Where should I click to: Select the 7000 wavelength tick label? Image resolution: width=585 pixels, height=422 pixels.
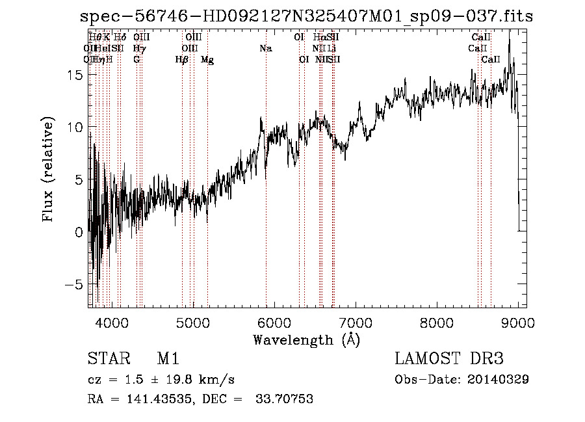tap(356, 322)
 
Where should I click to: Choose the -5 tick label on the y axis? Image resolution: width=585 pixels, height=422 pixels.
tap(73, 285)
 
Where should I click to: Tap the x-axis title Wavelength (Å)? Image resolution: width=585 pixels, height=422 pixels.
tap(306, 339)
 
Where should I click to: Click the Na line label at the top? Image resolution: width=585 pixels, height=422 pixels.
tap(265, 49)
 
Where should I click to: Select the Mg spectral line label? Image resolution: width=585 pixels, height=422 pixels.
tap(207, 60)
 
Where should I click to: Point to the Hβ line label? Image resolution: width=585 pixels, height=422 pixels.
tap(182, 60)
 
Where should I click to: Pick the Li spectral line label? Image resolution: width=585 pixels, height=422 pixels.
tap(331, 49)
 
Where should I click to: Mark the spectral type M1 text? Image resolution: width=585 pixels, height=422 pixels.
tap(168, 360)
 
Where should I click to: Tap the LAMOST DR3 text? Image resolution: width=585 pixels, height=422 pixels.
tap(449, 360)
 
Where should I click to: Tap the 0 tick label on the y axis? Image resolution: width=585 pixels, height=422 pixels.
tap(79, 232)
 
